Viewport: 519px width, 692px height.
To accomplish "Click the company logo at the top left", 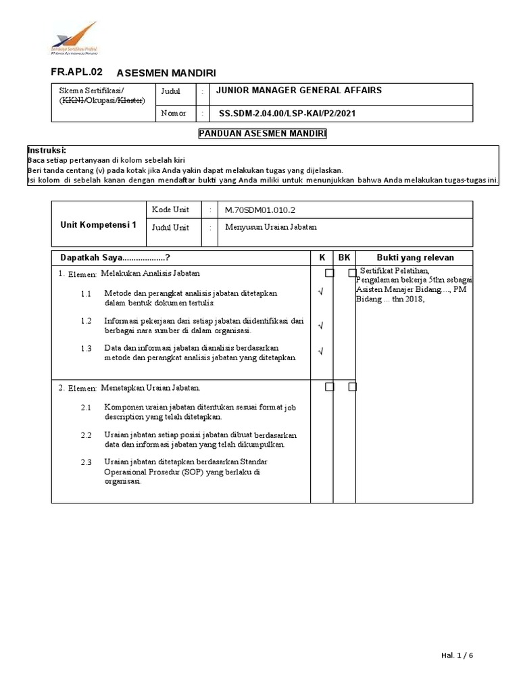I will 74,40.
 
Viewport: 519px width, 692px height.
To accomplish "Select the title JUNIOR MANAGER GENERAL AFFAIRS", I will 299,91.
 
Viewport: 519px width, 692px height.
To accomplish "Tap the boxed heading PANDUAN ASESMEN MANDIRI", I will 262,134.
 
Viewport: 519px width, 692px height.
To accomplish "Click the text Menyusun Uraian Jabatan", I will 271,227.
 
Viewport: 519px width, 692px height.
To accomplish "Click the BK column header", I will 345,257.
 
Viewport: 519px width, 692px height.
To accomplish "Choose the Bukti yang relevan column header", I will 415,257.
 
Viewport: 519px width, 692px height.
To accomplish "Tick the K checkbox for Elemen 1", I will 329,273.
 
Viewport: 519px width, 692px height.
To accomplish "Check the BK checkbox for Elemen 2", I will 352,387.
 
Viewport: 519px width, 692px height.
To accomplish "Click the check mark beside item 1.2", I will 320,326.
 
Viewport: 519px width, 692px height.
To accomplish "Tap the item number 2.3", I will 86,462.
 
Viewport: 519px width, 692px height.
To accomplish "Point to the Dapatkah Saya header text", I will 115,257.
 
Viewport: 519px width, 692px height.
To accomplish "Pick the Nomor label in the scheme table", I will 173,113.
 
